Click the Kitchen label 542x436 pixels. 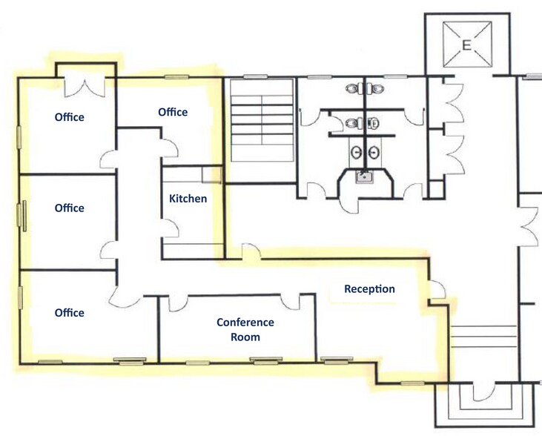coord(188,199)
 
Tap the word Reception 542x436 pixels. coord(369,288)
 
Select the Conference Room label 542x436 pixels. coord(245,329)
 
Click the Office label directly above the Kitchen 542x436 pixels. coord(173,112)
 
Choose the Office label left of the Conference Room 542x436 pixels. coord(70,313)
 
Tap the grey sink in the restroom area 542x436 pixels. coord(363,177)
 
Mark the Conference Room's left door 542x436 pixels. coord(178,303)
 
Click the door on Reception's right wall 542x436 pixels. coord(439,289)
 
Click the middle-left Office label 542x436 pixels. coord(70,208)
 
